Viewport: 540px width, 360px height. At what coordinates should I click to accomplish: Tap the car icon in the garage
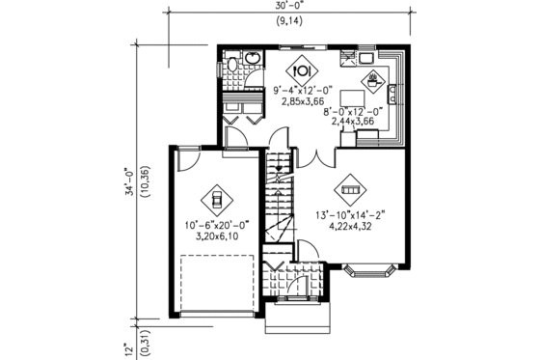[216, 200]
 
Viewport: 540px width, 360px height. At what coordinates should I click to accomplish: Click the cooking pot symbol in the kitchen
[371, 78]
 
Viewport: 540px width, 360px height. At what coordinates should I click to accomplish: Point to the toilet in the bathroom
[232, 67]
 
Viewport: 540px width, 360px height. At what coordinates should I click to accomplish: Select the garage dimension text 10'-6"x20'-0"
[216, 225]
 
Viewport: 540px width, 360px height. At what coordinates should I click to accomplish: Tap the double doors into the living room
[310, 158]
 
